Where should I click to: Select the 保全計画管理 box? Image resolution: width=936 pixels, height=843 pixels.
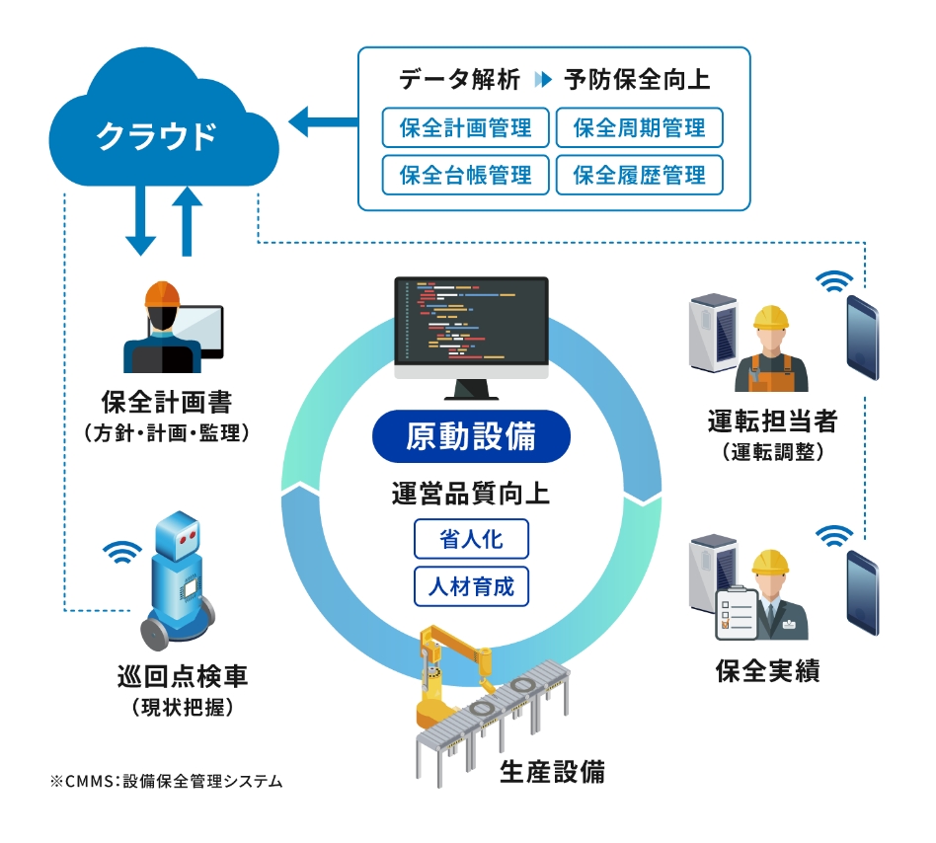pyautogui.click(x=465, y=128)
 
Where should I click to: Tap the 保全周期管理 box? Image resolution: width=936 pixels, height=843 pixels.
pyautogui.click(x=639, y=128)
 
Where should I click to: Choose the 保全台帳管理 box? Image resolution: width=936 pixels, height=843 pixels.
pyautogui.click(x=465, y=176)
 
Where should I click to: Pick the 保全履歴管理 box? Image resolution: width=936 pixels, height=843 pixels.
pyautogui.click(x=639, y=176)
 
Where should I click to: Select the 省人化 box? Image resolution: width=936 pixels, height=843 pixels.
pyautogui.click(x=471, y=540)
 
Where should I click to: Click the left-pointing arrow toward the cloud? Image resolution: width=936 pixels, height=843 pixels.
pyautogui.click(x=322, y=122)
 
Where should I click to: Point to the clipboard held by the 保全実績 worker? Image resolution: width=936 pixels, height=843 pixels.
pyautogui.click(x=735, y=612)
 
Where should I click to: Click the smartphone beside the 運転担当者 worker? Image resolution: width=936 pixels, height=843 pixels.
pyautogui.click(x=863, y=336)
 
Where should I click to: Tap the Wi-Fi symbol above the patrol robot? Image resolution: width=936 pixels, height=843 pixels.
pyautogui.click(x=122, y=553)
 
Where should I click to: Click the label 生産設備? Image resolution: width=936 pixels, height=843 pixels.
pyautogui.click(x=552, y=771)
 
